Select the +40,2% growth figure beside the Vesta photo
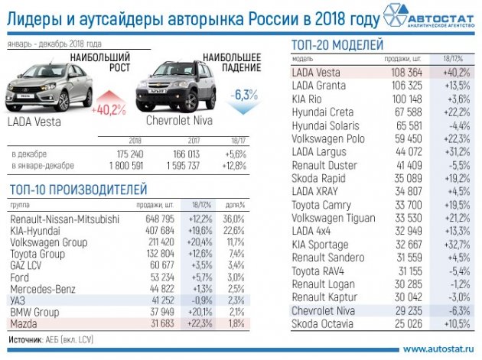coord(108,109)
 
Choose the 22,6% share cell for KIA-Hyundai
coord(234,231)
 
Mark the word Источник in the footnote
coord(27,338)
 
